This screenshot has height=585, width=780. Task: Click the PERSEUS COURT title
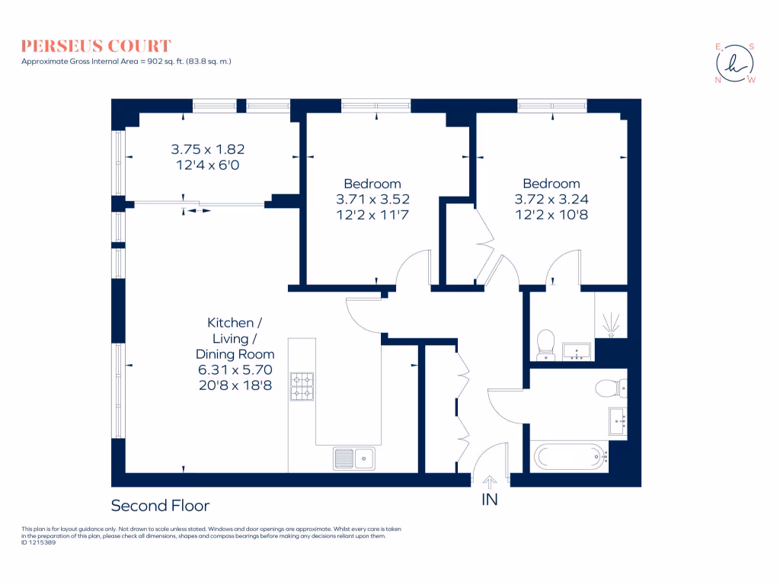97,46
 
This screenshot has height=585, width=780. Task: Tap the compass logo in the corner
735,62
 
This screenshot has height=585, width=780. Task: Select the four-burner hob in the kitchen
303,385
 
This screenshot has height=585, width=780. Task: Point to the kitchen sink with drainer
353,458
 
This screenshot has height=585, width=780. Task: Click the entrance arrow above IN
488,481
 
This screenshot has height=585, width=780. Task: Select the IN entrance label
488,500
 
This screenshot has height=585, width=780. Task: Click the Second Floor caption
160,506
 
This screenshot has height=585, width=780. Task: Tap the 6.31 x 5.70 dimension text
235,370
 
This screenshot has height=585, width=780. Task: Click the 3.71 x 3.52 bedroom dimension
372,200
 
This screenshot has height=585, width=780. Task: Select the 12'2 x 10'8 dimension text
551,215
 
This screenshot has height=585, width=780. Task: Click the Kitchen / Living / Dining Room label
235,338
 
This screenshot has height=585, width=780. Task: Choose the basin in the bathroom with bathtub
617,419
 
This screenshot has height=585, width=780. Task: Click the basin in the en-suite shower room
577,351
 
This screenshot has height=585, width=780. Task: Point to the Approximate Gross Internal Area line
126,61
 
